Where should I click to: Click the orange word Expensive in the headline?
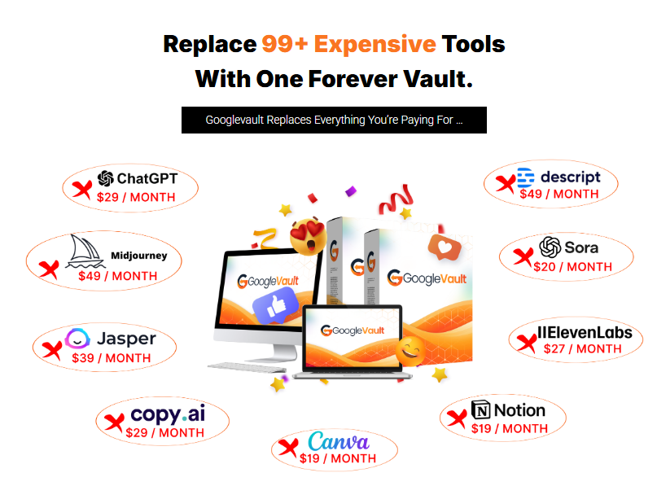pyautogui.click(x=375, y=45)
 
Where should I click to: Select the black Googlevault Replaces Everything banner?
pyautogui.click(x=334, y=120)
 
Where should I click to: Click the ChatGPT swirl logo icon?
pyautogui.click(x=106, y=178)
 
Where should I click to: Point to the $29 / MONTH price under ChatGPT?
pyautogui.click(x=136, y=197)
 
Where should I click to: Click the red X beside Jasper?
pyautogui.click(x=52, y=350)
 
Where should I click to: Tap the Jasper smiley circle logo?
pyautogui.click(x=77, y=339)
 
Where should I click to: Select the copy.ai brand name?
pyautogui.click(x=168, y=414)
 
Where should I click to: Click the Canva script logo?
pyautogui.click(x=339, y=441)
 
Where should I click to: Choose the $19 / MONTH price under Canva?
pyautogui.click(x=338, y=458)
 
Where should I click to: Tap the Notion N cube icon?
pyautogui.click(x=480, y=409)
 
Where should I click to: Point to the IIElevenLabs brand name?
pyautogui.click(x=585, y=333)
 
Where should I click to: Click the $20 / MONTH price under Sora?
pyautogui.click(x=572, y=267)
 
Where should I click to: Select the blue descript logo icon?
pyautogui.click(x=526, y=177)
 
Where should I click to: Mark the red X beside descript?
pyautogui.click(x=506, y=184)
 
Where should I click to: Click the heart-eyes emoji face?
pyautogui.click(x=309, y=236)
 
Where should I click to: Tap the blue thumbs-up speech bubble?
pyautogui.click(x=275, y=305)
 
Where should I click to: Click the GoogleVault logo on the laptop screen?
pyautogui.click(x=353, y=330)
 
